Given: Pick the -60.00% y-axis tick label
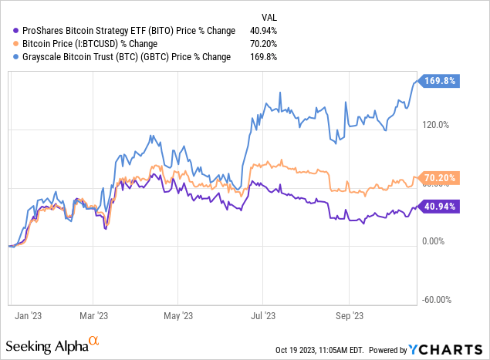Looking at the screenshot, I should (x=437, y=300).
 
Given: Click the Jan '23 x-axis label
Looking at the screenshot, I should (x=27, y=315).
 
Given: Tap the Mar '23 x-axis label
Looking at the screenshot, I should (x=93, y=315).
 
